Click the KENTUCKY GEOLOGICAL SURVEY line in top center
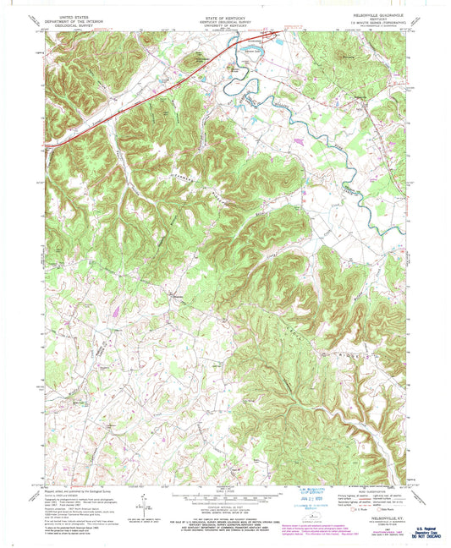224,16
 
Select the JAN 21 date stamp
292,496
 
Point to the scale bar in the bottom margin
223,498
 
